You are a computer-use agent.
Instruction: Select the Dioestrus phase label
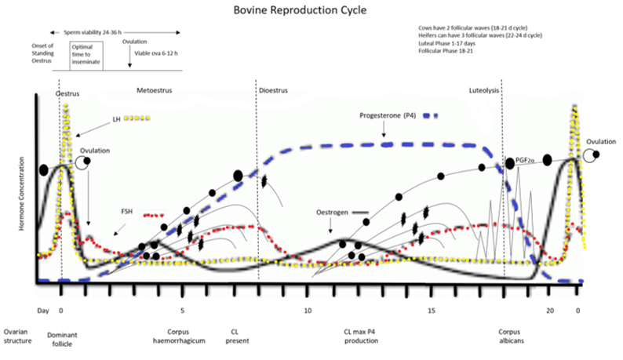(x=273, y=91)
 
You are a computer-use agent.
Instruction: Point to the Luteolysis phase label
(x=484, y=91)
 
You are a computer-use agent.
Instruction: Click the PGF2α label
(x=525, y=161)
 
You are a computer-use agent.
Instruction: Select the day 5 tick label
(x=182, y=311)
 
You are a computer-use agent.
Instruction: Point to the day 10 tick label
(x=307, y=311)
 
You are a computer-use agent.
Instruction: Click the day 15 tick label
(x=431, y=311)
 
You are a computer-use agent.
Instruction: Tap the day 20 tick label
(x=550, y=311)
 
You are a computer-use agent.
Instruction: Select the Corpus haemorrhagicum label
(x=182, y=336)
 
